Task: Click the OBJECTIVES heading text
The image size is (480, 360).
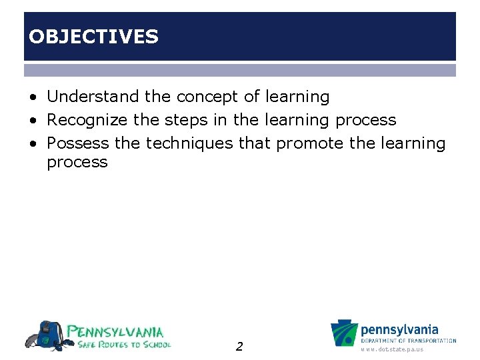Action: coord(93,37)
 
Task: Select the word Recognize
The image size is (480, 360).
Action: coord(89,120)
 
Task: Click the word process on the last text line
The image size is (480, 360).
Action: coord(77,162)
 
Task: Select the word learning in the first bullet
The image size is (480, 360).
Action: coord(297,97)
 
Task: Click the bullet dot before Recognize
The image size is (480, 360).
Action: coord(33,121)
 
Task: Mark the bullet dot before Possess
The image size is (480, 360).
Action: coord(33,144)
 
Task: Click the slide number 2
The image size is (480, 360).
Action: coord(239,346)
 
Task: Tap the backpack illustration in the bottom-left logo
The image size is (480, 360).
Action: coord(46,335)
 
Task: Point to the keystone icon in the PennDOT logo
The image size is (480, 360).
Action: coord(345,334)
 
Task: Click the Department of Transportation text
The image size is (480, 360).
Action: coord(408,341)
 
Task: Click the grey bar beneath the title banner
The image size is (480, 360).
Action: coord(240,70)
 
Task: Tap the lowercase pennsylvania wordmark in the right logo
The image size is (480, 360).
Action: coord(399,330)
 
